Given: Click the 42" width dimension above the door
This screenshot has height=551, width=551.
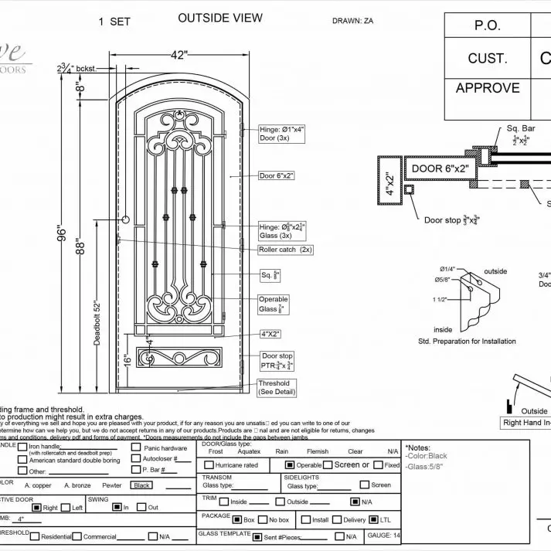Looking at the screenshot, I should click(179, 55).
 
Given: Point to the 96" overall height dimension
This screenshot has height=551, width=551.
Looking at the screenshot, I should click(63, 233).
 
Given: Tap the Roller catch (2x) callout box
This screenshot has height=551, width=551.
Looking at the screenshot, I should click(286, 250).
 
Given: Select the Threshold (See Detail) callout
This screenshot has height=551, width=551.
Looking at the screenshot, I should click(274, 386).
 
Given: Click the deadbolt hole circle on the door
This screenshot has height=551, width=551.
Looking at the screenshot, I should click(125, 220).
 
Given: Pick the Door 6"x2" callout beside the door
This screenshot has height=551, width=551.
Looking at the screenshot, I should click(276, 175).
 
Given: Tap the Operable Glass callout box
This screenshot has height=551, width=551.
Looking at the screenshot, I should click(274, 304).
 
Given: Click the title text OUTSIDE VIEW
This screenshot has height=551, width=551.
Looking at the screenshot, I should click(220, 18).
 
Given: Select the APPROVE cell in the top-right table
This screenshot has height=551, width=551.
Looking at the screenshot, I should click(488, 87).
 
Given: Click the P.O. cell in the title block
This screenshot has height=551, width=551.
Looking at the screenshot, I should click(488, 25).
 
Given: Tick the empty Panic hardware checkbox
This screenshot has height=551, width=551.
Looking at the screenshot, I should click(136, 447).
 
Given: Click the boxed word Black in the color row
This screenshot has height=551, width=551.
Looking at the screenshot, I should click(141, 485).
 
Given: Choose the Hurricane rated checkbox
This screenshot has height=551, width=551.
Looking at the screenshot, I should click(209, 465).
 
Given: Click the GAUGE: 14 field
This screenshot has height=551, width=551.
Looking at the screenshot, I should click(384, 535).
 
